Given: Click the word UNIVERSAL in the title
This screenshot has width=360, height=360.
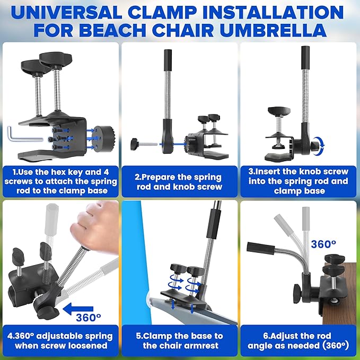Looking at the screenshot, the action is tap(66, 12).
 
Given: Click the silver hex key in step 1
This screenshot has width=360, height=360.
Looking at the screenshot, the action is tap(25, 134).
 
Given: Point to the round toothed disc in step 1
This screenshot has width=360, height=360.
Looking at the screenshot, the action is tap(104, 138).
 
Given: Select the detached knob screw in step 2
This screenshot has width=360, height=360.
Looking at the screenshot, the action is tap(144, 144).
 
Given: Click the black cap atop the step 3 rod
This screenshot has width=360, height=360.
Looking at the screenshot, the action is tap(305, 58).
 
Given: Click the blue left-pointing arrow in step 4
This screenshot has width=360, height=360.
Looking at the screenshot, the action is tap(78, 309).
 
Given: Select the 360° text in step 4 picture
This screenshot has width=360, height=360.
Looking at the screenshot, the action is tap(88, 318).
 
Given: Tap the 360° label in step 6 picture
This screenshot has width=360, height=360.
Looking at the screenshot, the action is tap(323, 244).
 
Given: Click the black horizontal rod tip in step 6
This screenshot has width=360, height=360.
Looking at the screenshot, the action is tap(261, 248).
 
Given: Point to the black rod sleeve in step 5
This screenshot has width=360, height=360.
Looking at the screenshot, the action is tap(214, 223).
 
